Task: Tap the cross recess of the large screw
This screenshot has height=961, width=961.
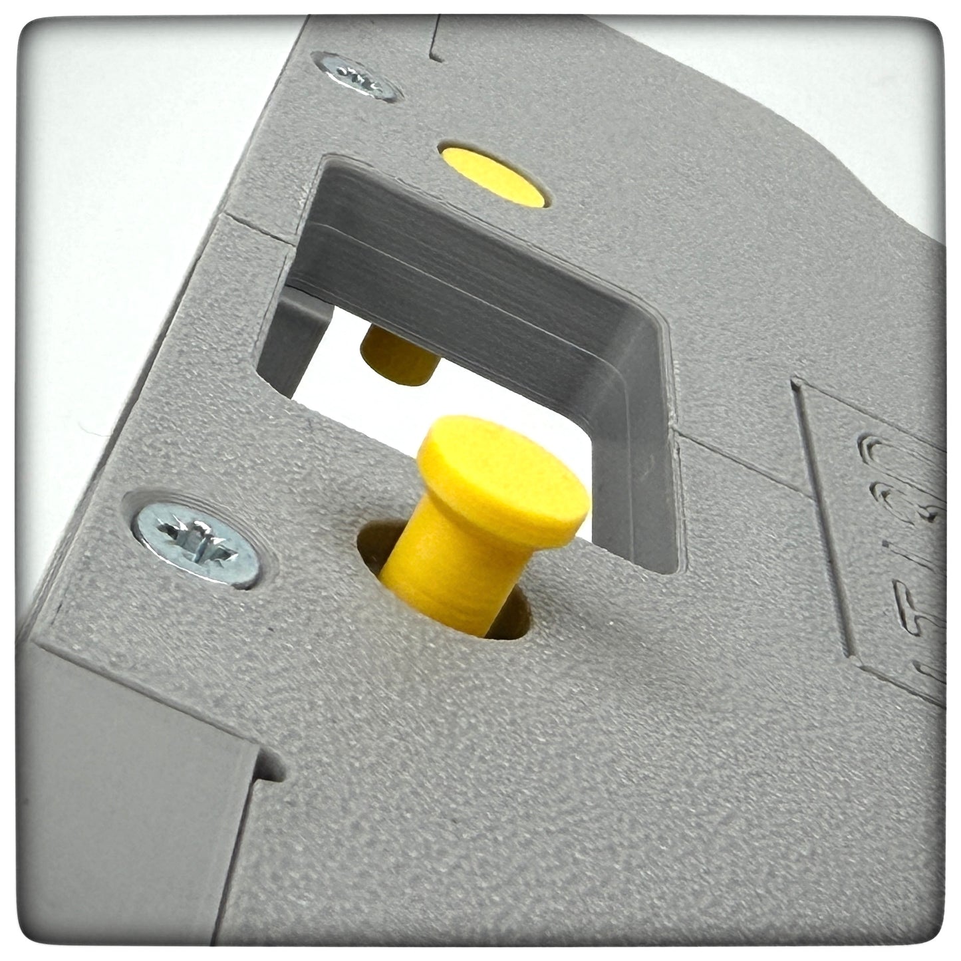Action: [195, 537]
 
